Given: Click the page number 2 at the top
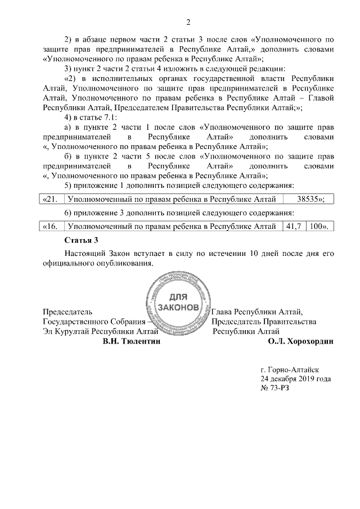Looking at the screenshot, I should (188, 22).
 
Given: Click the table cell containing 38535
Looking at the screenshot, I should (307, 199).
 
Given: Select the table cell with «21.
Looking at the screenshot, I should (53, 199).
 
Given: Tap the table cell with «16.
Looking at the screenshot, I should (53, 226).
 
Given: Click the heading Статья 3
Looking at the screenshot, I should (82, 240).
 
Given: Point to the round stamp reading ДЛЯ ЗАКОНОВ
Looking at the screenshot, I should (176, 303).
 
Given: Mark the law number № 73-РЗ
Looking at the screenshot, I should (274, 389).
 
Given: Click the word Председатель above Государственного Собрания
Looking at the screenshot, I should (67, 311).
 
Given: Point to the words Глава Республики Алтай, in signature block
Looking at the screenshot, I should (257, 311).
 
